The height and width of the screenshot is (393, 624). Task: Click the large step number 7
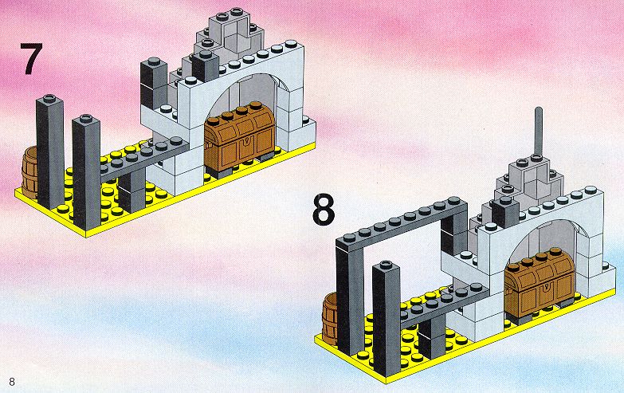(x=31, y=58)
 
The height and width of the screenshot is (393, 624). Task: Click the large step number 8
(x=323, y=210)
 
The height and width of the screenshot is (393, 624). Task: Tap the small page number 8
(x=12, y=382)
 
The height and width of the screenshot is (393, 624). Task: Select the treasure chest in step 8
(x=540, y=284)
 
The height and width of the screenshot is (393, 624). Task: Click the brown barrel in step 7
(x=29, y=173)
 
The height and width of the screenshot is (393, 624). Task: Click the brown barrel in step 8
(x=329, y=320)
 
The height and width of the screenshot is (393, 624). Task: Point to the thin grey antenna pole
(x=539, y=132)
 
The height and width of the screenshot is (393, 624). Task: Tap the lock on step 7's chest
(x=247, y=141)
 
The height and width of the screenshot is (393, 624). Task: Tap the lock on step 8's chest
(x=547, y=288)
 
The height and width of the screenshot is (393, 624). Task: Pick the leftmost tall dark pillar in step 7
(x=49, y=151)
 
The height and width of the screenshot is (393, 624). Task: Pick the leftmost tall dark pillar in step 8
(x=350, y=299)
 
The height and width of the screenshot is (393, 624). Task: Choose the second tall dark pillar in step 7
(x=86, y=172)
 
